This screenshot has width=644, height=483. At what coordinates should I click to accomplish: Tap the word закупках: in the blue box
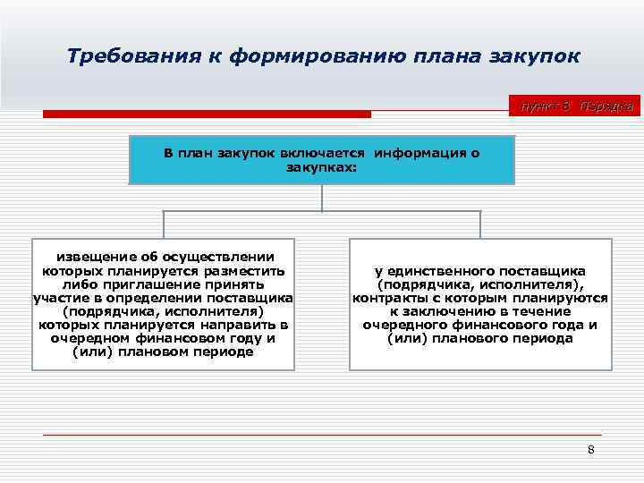click(x=321, y=166)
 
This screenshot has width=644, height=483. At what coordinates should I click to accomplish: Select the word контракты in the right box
click(x=387, y=298)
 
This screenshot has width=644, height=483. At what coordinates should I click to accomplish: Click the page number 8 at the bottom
click(x=590, y=449)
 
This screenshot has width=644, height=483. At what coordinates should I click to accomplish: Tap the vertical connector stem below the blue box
click(x=322, y=199)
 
